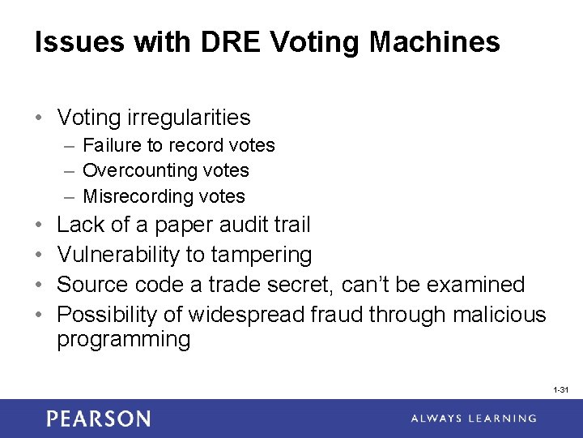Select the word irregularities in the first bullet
pos(189,118)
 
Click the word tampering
pos(261,255)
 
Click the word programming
pos(123,340)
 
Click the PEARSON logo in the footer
pos(99,419)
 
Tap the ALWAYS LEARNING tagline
pos(473,419)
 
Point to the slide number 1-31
pos(561,390)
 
